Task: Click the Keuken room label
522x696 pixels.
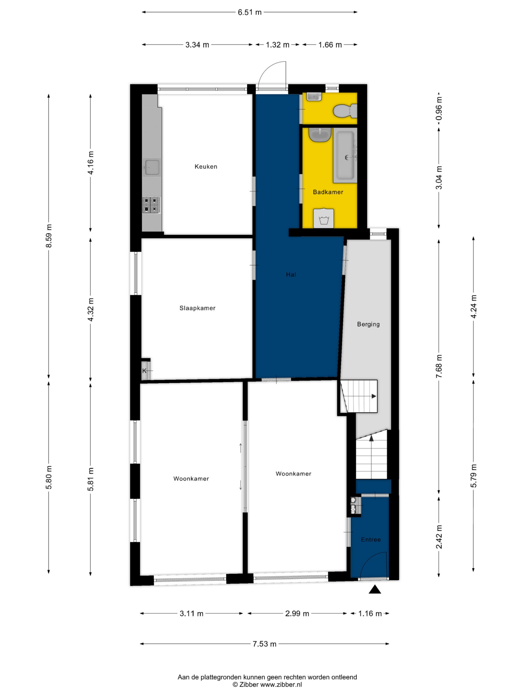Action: [x=206, y=166]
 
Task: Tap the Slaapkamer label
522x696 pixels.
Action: [x=197, y=308]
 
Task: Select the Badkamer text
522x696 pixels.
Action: [x=328, y=192]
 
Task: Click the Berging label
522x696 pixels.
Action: [x=368, y=324]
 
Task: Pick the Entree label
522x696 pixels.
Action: [x=371, y=539]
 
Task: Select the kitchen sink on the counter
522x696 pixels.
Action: [x=152, y=167]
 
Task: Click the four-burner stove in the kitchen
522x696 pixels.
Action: [x=151, y=205]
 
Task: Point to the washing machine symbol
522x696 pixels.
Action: [x=324, y=218]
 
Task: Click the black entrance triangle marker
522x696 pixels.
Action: [x=374, y=589]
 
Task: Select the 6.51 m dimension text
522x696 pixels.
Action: [x=250, y=13]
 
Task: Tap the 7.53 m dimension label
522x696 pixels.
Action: [x=264, y=644]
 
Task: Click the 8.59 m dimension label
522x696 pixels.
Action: [x=48, y=236]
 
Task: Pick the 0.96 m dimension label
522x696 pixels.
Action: [x=439, y=108]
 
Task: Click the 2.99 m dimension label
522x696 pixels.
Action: [x=297, y=613]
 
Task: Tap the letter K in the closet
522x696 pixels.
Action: [x=144, y=371]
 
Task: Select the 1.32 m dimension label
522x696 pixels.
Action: [x=277, y=45]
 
